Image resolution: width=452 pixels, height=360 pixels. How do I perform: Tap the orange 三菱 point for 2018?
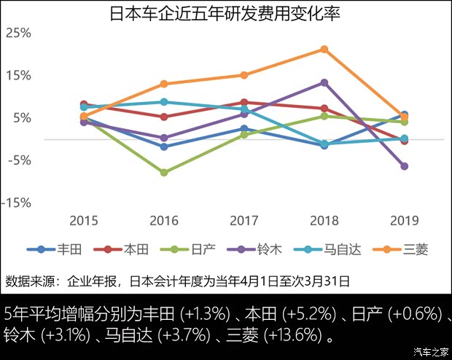tap(324, 50)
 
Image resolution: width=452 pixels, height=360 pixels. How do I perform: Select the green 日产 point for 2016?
tap(164, 173)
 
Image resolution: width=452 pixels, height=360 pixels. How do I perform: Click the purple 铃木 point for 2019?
tap(404, 166)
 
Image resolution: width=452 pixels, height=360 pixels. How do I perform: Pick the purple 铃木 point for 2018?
tap(324, 83)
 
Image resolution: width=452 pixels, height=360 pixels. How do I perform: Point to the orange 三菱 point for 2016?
tap(164, 84)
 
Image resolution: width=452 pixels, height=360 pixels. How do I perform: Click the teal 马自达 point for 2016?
tap(164, 102)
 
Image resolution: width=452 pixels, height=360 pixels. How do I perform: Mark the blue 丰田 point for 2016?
tap(164, 146)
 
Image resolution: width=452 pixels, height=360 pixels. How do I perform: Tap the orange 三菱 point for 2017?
tap(244, 75)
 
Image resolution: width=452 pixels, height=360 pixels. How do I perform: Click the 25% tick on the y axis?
tap(18, 33)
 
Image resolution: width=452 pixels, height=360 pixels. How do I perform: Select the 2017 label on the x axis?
tap(244, 220)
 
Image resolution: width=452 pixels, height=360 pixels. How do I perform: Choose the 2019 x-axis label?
tap(404, 220)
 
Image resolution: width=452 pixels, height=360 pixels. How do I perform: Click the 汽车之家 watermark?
tap(429, 352)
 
